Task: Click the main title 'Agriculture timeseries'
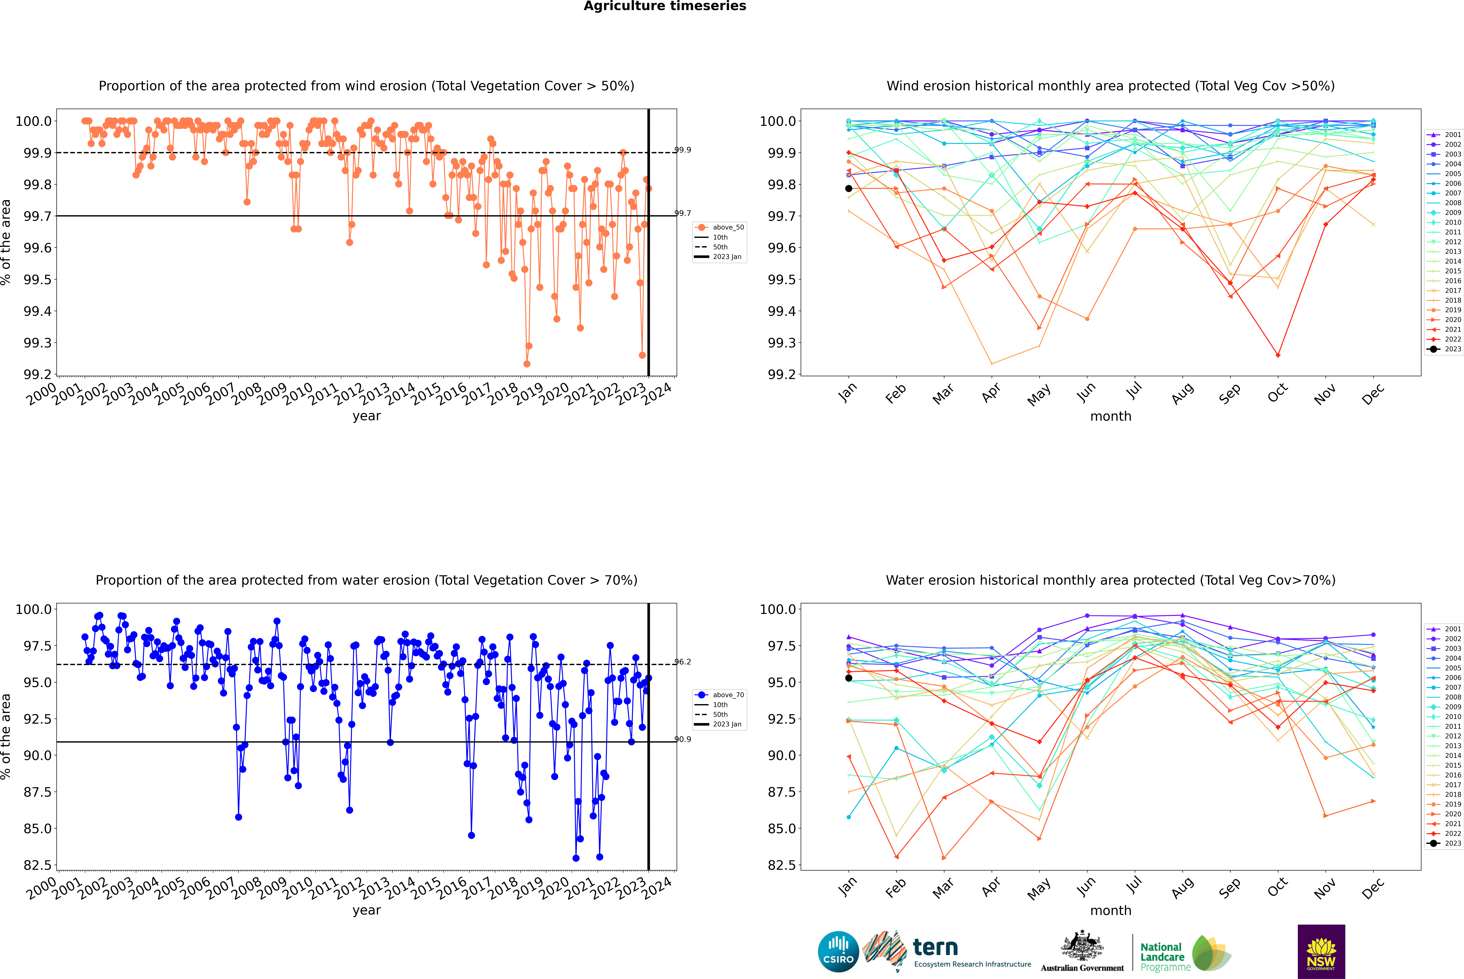(665, 6)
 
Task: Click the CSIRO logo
(838, 952)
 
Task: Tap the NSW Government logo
(1321, 952)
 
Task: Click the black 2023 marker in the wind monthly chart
(849, 189)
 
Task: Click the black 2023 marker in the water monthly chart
(849, 678)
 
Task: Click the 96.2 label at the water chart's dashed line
(683, 662)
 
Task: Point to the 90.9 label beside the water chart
(683, 739)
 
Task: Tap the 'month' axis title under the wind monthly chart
(1110, 417)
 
